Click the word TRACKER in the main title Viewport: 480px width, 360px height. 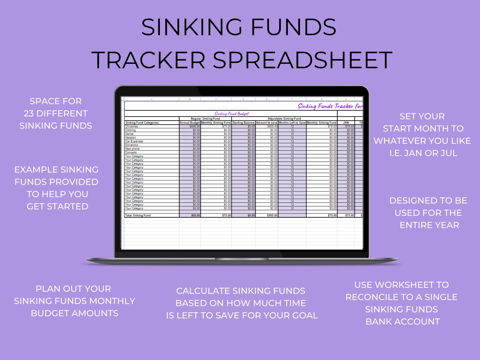[148, 60]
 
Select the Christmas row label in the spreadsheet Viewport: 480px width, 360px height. [132, 126]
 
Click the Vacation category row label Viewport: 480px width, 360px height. [131, 138]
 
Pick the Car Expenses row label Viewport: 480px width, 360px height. [134, 141]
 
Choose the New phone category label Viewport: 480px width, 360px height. [132, 149]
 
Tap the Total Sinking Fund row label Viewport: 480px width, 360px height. [138, 216]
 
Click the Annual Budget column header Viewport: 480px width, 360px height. [190, 123]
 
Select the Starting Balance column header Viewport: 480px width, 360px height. [243, 123]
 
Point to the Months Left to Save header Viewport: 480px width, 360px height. [292, 123]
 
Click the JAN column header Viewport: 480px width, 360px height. [346, 123]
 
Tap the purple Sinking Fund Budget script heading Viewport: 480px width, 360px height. [232, 114]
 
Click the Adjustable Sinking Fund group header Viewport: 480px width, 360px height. [284, 119]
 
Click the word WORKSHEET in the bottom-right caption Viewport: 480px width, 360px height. [404, 285]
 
